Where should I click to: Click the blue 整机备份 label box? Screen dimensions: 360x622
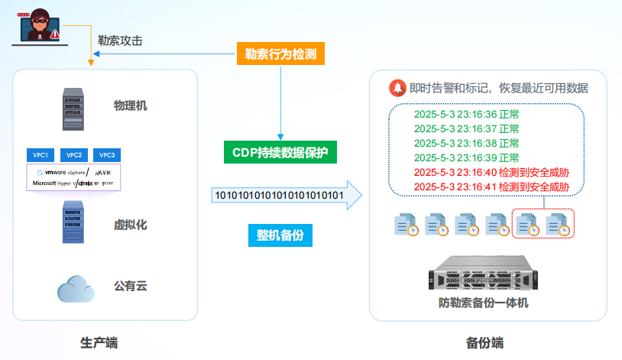(x=280, y=235)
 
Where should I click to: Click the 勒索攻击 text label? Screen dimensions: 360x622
(x=120, y=40)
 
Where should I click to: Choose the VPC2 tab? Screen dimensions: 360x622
(x=74, y=155)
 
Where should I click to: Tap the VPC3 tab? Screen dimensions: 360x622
(x=106, y=155)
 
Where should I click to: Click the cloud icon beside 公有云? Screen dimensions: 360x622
(x=75, y=288)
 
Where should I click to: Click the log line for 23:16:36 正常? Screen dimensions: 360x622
(x=466, y=115)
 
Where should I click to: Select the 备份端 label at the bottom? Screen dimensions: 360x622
(x=485, y=342)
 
